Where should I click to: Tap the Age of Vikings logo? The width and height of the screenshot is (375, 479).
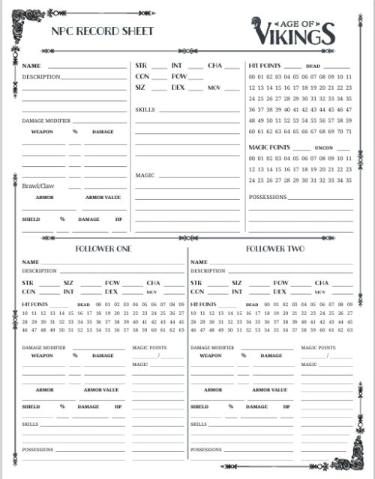coord(294,31)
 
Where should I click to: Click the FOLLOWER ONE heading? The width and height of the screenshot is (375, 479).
coord(103,248)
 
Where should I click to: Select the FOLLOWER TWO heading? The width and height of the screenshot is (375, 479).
coord(274,248)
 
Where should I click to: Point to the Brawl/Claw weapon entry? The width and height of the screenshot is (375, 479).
coord(37,185)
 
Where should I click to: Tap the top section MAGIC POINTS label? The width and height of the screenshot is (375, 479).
coord(268,147)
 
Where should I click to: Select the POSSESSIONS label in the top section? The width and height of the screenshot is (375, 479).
coord(267,198)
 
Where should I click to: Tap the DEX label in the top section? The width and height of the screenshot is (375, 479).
coord(178,88)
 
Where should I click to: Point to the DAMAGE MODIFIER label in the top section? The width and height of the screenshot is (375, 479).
coord(46,120)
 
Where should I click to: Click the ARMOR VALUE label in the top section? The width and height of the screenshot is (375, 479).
coord(103,198)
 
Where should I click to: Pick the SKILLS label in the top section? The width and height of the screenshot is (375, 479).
coord(145,109)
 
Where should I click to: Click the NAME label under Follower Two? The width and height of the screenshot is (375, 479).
coord(198,262)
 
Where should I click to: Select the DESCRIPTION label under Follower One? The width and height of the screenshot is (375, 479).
coord(39,270)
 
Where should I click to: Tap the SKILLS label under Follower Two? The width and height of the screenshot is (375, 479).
coord(199,424)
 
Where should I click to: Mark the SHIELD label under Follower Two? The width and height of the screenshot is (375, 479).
coord(199,406)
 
